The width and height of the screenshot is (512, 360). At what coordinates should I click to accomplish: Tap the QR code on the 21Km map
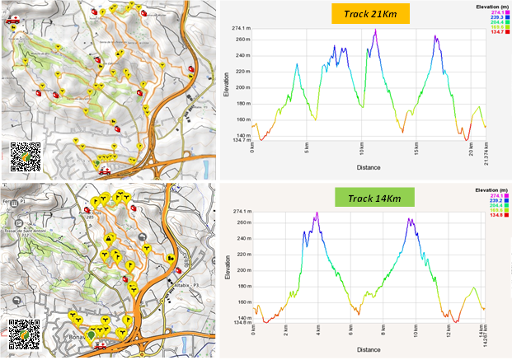click(25, 157)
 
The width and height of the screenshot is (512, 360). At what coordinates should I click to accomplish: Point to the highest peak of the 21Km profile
click(375, 30)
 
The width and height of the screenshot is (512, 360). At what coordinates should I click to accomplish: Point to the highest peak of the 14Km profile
click(317, 213)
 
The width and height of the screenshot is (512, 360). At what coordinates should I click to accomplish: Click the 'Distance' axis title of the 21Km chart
click(369, 167)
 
